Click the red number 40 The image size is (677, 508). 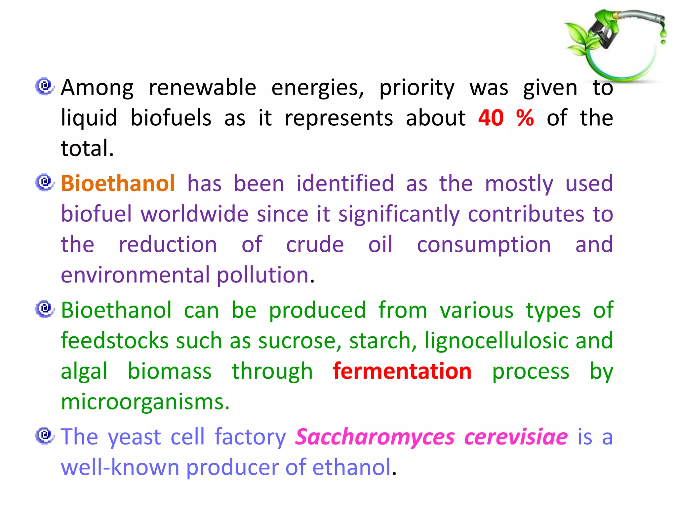pyautogui.click(x=491, y=118)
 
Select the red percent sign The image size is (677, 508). pyautogui.click(x=525, y=118)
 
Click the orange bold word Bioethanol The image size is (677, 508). pyautogui.click(x=118, y=183)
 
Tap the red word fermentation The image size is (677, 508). pyautogui.click(x=402, y=371)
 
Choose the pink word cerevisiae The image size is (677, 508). pyautogui.click(x=516, y=437)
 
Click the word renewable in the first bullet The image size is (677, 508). pyautogui.click(x=202, y=88)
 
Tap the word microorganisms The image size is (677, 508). pyautogui.click(x=145, y=402)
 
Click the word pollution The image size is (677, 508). pyautogui.click(x=263, y=275)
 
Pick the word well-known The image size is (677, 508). pyautogui.click(x=120, y=467)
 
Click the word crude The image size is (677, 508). pyautogui.click(x=315, y=244)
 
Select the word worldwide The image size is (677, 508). pyautogui.click(x=195, y=214)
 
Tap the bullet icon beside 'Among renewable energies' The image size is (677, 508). pyautogui.click(x=45, y=86)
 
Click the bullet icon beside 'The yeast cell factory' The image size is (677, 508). pyautogui.click(x=45, y=435)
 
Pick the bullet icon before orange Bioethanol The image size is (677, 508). pyautogui.click(x=45, y=182)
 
